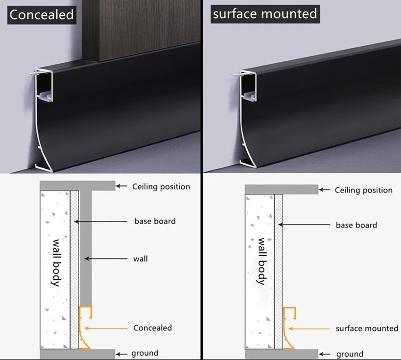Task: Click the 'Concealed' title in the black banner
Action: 42,15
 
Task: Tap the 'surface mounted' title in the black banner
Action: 265,14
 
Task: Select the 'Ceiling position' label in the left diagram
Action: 161,187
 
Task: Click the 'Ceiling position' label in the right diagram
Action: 364,190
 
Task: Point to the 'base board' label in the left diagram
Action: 155,221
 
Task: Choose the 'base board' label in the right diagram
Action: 357,225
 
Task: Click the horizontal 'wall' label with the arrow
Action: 141,259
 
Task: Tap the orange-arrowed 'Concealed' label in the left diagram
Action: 152,328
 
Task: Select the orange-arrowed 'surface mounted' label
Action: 367,328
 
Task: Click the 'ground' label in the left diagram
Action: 145,353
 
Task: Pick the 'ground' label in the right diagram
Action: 350,354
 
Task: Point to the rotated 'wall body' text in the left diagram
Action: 56,263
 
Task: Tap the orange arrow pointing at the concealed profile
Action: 106,328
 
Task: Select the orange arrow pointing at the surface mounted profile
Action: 309,329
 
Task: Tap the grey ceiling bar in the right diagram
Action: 282,190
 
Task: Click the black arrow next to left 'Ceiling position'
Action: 121,186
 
